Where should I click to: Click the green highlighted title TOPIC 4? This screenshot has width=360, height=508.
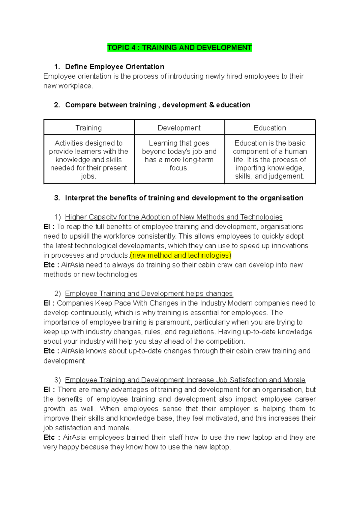179,48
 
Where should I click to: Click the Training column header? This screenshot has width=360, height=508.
88,128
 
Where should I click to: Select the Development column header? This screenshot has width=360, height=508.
179,128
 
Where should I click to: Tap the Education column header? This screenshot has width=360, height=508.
270,128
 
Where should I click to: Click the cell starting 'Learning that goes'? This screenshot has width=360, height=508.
179,156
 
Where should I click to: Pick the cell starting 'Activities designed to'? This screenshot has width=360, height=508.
88,160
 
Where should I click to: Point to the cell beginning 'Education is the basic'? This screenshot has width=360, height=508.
270,160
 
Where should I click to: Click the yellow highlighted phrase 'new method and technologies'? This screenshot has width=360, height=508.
181,255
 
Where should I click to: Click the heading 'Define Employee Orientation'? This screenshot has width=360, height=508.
115,67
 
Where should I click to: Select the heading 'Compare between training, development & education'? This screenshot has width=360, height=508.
157,105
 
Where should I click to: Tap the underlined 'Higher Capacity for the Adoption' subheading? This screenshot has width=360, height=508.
174,217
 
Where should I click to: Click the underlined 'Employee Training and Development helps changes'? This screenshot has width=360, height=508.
149,294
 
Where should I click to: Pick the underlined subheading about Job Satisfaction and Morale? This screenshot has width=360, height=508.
185,380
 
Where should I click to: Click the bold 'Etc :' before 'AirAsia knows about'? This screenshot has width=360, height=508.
51,351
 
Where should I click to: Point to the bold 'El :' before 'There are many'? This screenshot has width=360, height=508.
49,390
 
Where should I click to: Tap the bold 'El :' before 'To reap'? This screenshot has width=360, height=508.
49,227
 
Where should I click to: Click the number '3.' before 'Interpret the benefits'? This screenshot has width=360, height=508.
57,198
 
